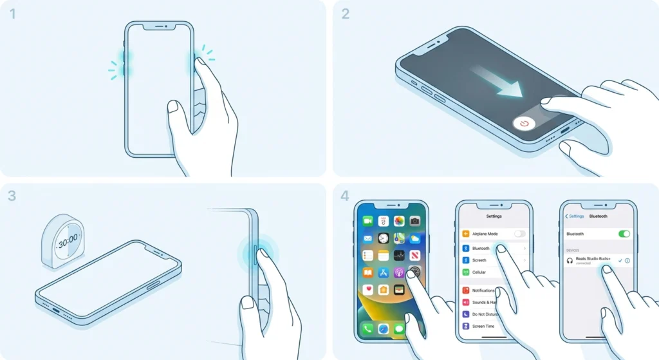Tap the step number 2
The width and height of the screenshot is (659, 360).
pyautogui.click(x=346, y=14)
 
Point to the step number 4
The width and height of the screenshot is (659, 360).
pyautogui.click(x=346, y=196)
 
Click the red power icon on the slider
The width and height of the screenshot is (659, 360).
pyautogui.click(x=524, y=124)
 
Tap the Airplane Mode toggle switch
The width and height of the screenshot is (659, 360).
pyautogui.click(x=519, y=234)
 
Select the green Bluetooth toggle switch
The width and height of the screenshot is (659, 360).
pyautogui.click(x=623, y=234)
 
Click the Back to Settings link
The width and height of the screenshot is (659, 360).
pyautogui.click(x=575, y=216)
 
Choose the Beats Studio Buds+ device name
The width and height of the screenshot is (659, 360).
pyautogui.click(x=593, y=258)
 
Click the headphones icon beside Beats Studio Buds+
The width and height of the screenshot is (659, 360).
pyautogui.click(x=570, y=260)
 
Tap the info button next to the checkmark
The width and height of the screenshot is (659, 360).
pyautogui.click(x=627, y=260)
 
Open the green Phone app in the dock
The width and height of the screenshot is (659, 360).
pyautogui.click(x=367, y=328)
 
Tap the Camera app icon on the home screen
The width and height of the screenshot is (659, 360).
pyautogui.click(x=414, y=221)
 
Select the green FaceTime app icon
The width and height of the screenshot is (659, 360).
pyautogui.click(x=367, y=221)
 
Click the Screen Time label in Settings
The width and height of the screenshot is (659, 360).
pyautogui.click(x=483, y=327)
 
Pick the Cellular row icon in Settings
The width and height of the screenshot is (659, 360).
pyautogui.click(x=465, y=272)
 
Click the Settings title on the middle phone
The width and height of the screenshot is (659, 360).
pyautogui.click(x=494, y=216)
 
